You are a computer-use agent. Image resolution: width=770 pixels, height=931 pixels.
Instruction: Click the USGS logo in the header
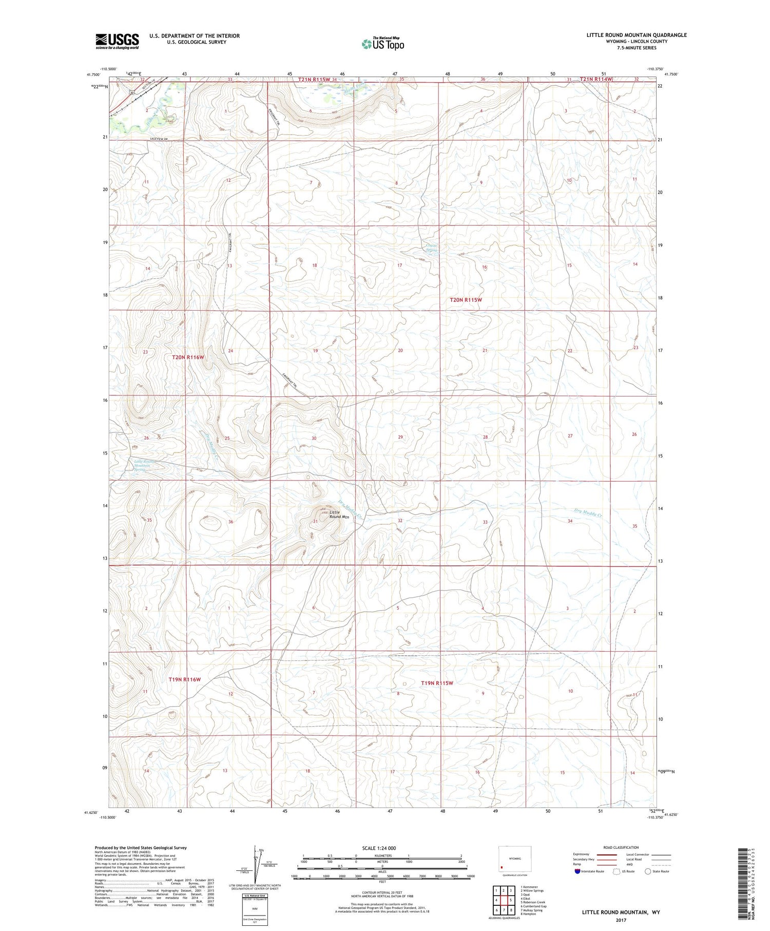(117, 41)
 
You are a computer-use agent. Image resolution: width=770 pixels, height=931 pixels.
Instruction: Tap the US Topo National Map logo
(382, 44)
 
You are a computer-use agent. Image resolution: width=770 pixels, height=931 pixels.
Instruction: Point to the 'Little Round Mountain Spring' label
(142, 466)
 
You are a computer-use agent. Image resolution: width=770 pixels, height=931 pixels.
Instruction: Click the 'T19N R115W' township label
(437, 683)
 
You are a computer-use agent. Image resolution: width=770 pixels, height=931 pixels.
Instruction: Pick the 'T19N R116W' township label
(185, 679)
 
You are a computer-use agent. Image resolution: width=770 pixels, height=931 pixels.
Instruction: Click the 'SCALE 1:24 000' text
(379, 848)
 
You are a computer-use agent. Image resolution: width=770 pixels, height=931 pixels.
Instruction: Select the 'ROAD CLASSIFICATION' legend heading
(621, 847)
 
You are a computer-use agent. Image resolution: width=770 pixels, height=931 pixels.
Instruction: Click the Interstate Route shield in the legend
(577, 871)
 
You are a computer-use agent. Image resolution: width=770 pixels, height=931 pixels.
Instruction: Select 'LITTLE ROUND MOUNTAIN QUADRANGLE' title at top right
(637, 35)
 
